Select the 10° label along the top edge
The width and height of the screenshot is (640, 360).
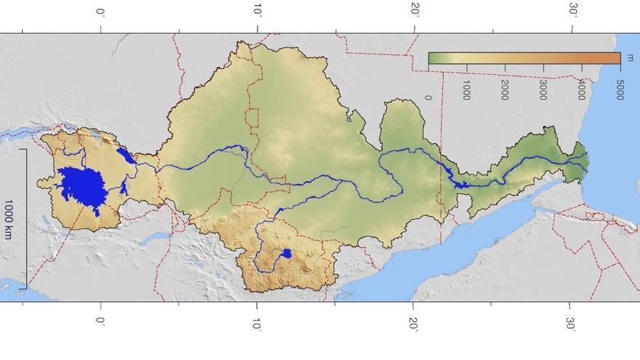(257, 10)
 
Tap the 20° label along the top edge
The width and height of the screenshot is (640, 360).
(415, 10)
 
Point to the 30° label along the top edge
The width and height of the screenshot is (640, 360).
(572, 10)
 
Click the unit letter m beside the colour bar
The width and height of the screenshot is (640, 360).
(630, 58)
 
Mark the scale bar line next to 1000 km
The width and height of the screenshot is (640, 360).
(25, 219)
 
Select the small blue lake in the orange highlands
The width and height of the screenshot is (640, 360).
(286, 254)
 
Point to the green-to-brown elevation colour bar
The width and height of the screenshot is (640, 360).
(524, 58)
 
